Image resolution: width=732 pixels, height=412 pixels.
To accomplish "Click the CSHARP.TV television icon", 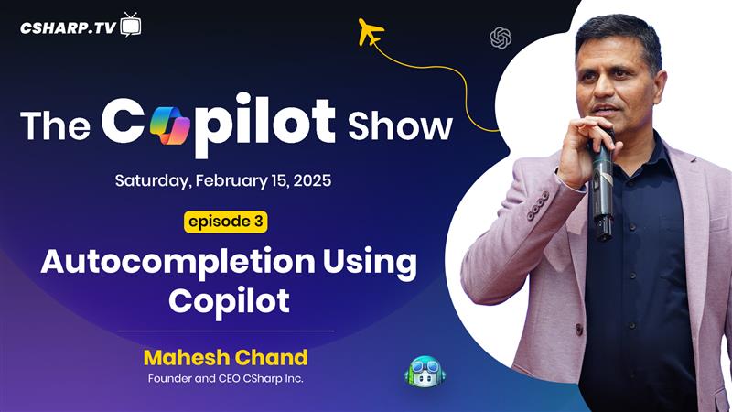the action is [x=131, y=25].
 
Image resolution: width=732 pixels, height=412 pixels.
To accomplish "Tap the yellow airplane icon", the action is [x=371, y=32].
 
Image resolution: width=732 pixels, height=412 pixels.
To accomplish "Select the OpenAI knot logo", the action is [x=501, y=38].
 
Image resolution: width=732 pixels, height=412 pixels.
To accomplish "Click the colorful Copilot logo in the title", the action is [x=170, y=125].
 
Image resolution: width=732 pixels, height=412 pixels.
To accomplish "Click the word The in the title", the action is [x=55, y=125].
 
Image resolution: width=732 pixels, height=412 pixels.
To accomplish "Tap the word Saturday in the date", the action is [x=153, y=180].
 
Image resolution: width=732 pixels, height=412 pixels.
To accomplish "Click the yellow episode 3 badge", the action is [x=225, y=222].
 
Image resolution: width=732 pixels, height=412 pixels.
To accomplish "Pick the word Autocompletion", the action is [x=178, y=263].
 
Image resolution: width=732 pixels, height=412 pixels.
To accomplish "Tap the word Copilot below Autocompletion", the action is [x=230, y=301].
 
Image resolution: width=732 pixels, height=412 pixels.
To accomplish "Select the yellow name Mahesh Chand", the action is [x=225, y=357].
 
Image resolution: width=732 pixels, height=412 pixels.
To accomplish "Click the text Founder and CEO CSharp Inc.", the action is [x=225, y=378].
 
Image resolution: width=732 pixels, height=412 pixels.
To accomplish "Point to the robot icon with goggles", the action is [x=425, y=372].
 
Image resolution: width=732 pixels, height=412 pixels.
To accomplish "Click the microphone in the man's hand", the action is [x=601, y=187].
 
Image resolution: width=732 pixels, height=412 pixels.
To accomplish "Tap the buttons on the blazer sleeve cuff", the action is [x=538, y=206].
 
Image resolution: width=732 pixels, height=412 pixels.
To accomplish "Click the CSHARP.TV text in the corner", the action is [x=68, y=28].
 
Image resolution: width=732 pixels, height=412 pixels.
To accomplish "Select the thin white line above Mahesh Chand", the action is [x=225, y=331].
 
